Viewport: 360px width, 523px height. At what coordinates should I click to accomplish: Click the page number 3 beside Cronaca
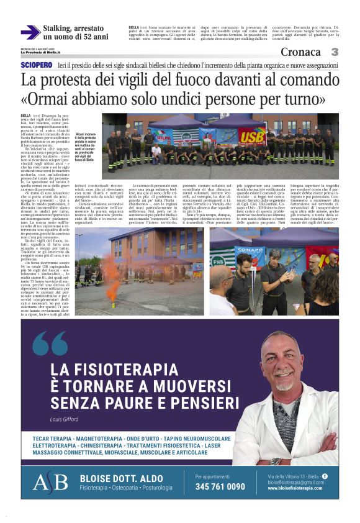click(x=335, y=52)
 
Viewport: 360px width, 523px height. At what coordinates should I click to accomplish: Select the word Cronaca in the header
click(x=300, y=52)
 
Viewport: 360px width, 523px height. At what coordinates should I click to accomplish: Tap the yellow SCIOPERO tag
click(x=36, y=65)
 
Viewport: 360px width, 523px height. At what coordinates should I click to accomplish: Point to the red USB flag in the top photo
click(x=251, y=135)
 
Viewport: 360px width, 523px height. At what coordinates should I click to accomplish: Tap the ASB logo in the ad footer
click(x=49, y=483)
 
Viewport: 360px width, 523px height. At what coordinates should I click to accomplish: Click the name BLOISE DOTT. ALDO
click(x=120, y=477)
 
